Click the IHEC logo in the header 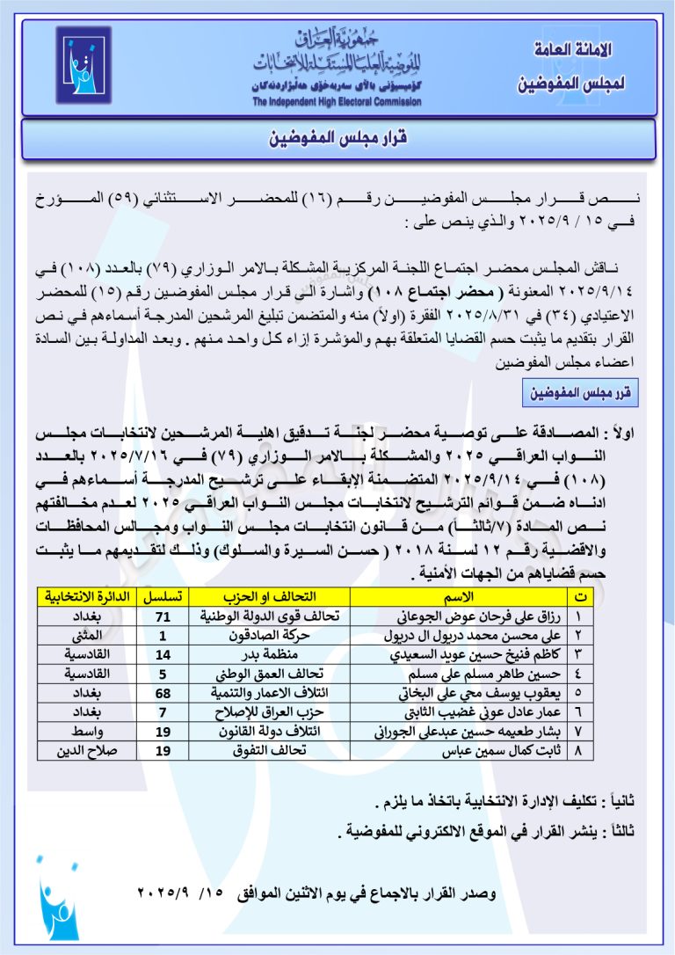tap(83, 65)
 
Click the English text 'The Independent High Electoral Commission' tap(336, 102)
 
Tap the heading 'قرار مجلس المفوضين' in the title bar tap(338, 139)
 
